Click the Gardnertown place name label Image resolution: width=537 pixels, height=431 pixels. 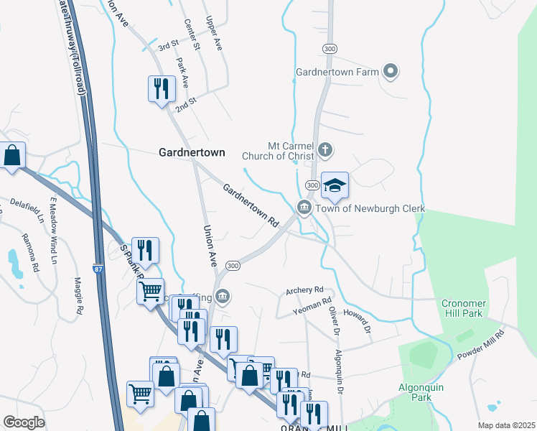pyautogui.click(x=191, y=152)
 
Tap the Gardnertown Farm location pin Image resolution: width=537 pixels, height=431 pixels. pyautogui.click(x=391, y=70)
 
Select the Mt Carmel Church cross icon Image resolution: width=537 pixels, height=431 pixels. pyautogui.click(x=325, y=150)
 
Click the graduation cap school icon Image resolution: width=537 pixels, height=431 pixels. pyautogui.click(x=335, y=186)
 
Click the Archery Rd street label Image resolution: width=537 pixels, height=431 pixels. pyautogui.click(x=304, y=289)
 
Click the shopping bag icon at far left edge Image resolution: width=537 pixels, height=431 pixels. pyautogui.click(x=12, y=155)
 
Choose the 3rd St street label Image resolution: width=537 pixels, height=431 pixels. pyautogui.click(x=168, y=45)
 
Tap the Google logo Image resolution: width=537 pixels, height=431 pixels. pyautogui.click(x=24, y=422)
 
